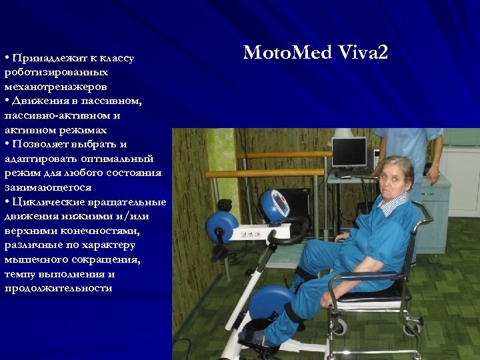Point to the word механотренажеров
click(x=55, y=87)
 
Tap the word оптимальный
click(x=118, y=159)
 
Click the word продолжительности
click(x=58, y=288)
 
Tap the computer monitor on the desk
click(x=349, y=152)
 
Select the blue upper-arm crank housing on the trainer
click(x=222, y=226)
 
